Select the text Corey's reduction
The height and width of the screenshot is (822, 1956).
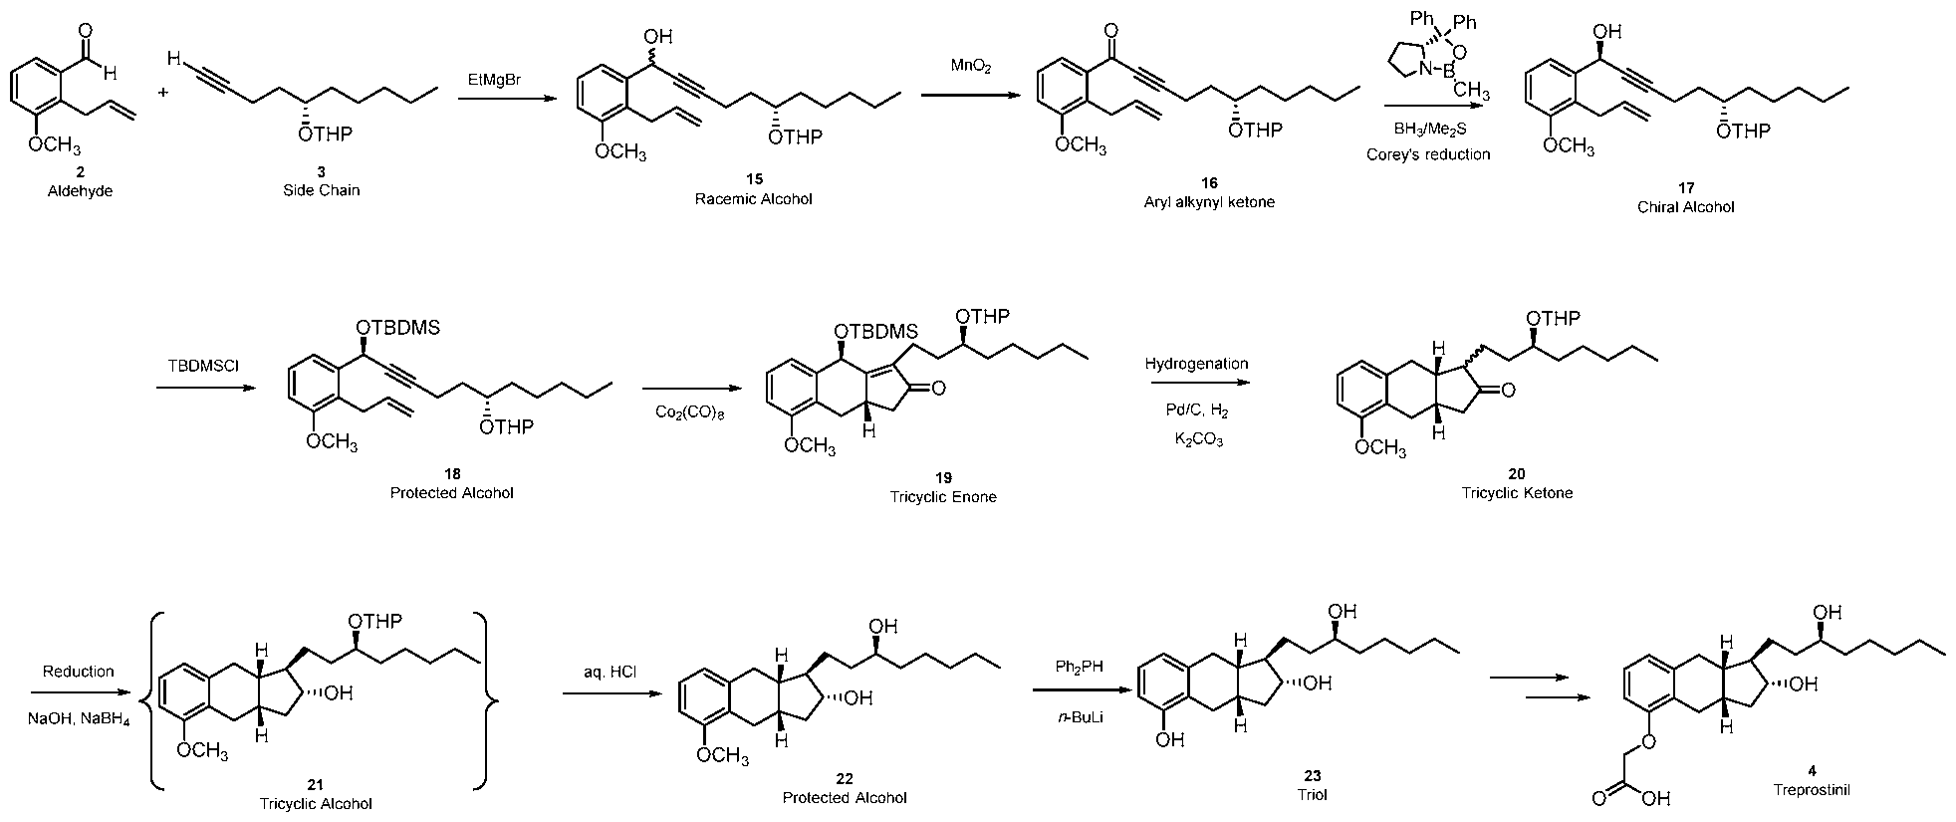(x=1428, y=154)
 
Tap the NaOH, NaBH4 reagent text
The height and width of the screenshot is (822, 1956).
(x=78, y=720)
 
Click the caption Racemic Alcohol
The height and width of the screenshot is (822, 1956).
(x=753, y=199)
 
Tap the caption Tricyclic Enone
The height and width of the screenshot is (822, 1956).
(x=943, y=496)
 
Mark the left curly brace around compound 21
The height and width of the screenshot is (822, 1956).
(x=159, y=702)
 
